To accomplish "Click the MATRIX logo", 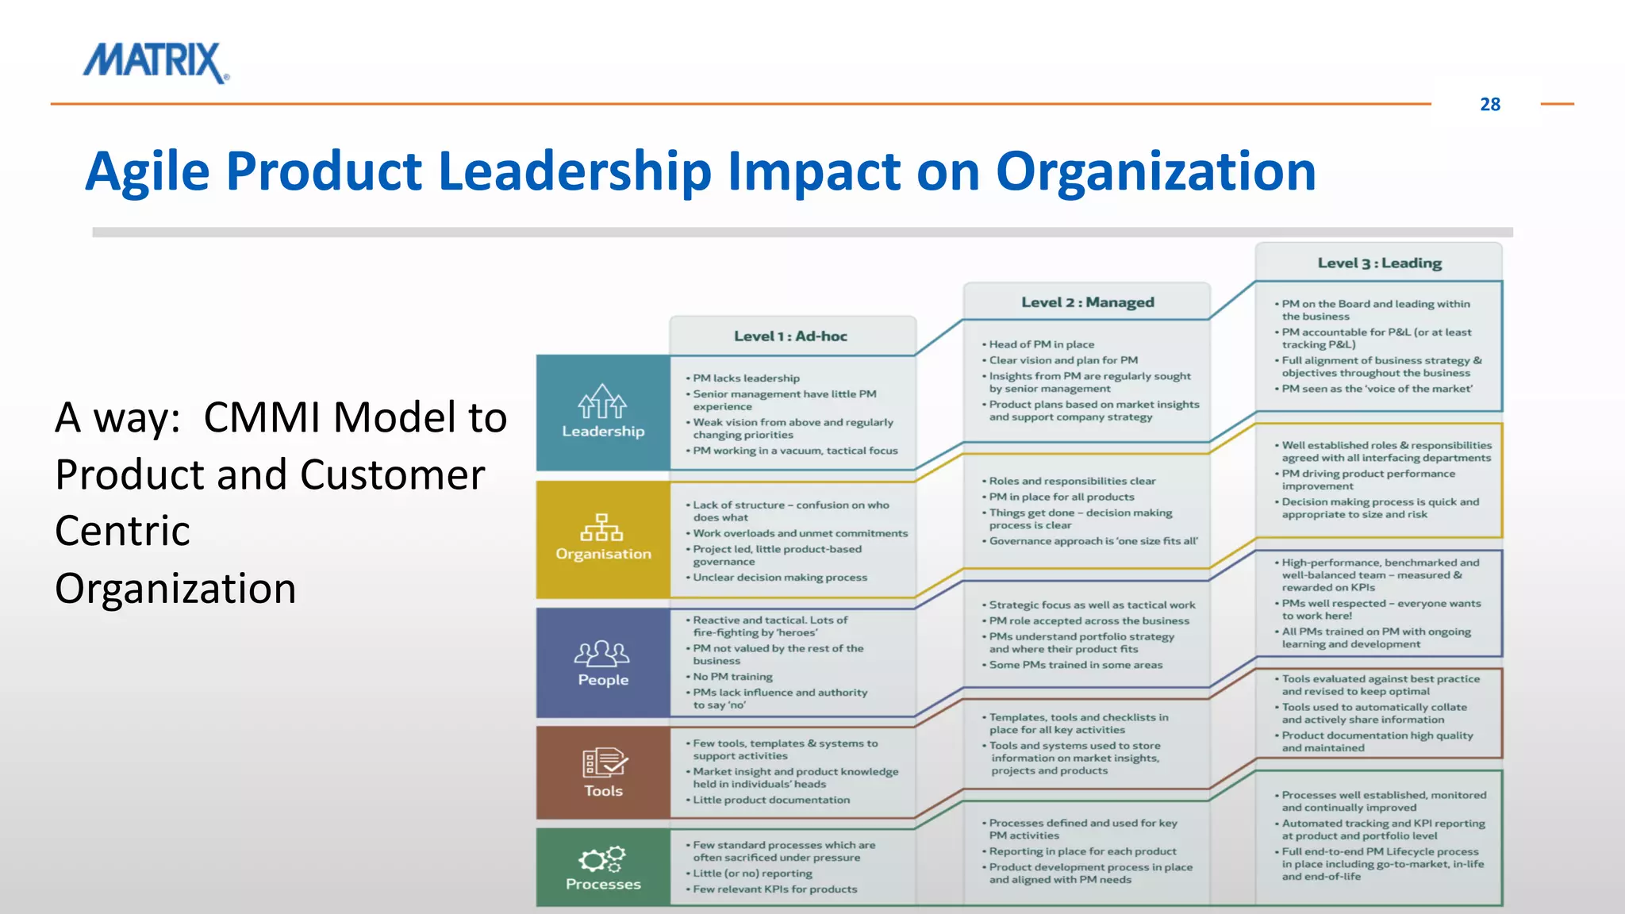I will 156,62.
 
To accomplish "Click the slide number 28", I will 1489,105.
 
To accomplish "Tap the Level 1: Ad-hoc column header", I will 790,336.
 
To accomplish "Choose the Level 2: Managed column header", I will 1087,302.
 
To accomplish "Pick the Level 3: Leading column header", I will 1379,263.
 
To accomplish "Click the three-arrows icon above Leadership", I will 602,401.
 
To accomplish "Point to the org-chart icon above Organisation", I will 603,527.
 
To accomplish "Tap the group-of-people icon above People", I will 602,653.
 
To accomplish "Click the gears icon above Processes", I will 602,859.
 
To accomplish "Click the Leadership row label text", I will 603,432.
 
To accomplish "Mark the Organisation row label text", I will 603,554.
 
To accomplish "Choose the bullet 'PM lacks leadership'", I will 746,378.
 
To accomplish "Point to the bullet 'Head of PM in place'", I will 1041,344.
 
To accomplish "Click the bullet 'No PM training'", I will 732,677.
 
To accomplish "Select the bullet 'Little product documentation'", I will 771,800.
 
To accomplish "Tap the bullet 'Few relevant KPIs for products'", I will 774,889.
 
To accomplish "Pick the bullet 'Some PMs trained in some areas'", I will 1075,665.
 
